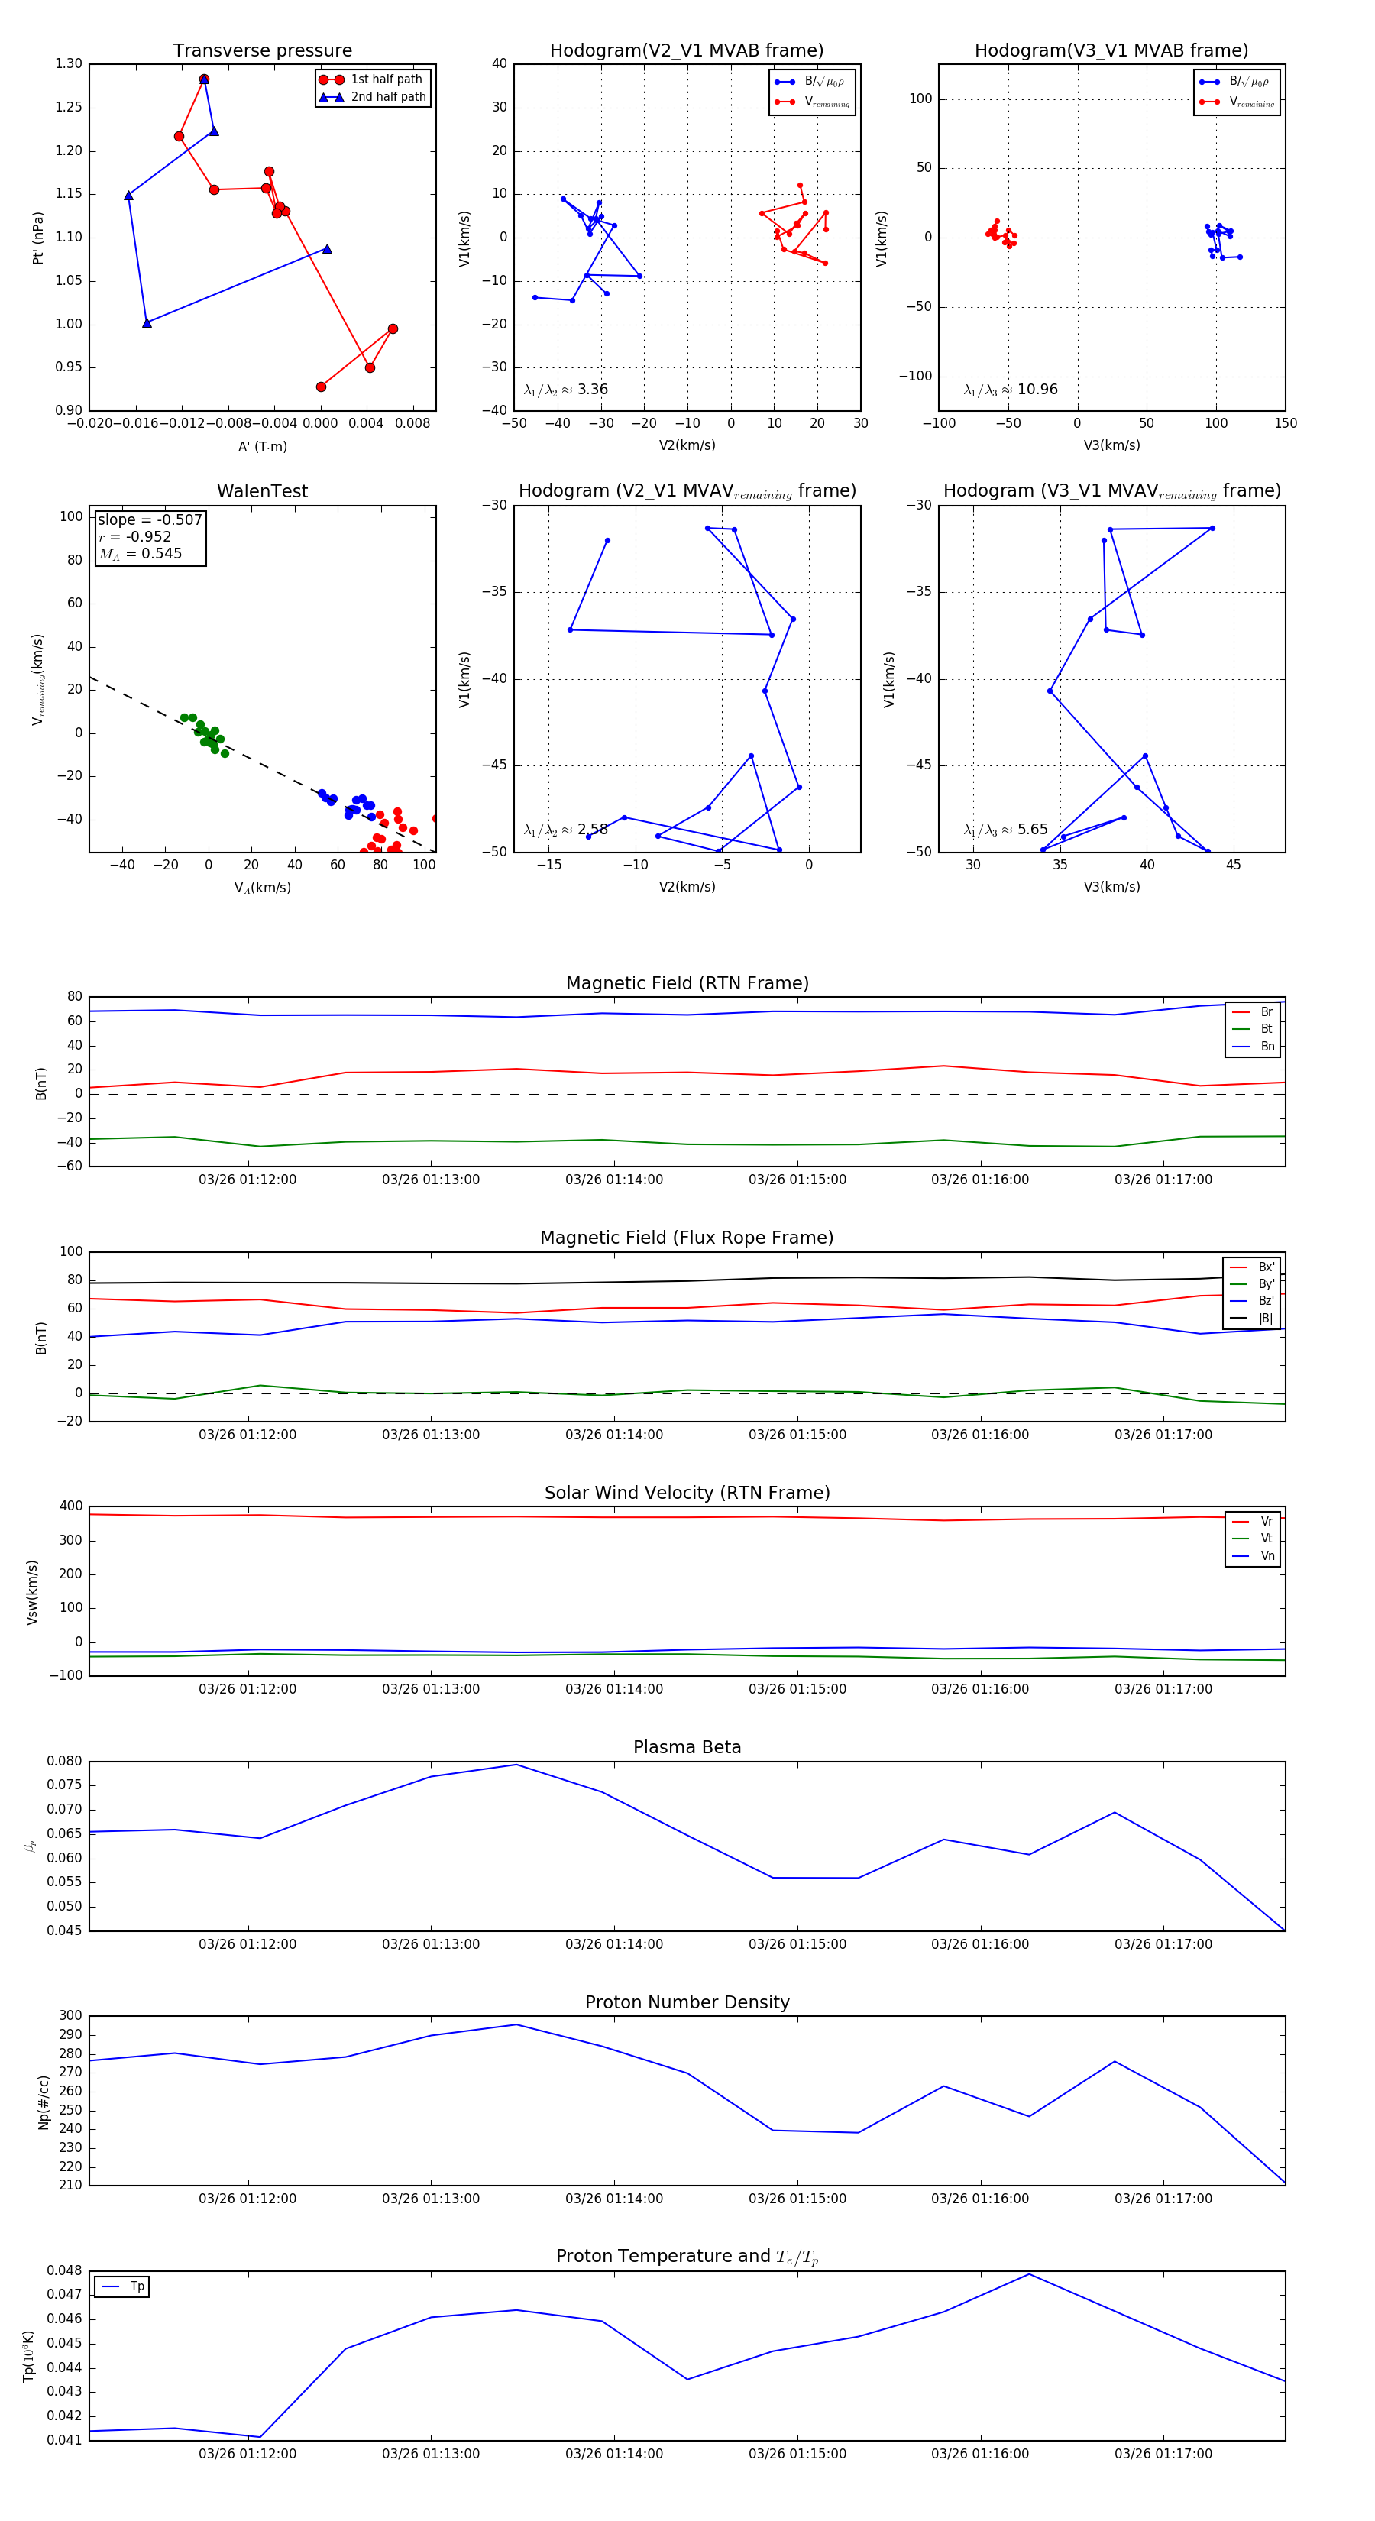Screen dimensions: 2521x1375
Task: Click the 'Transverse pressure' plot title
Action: point(262,51)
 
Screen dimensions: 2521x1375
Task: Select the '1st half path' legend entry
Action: point(386,79)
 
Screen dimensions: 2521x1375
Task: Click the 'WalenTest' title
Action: point(262,491)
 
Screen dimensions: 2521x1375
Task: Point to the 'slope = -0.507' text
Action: point(150,519)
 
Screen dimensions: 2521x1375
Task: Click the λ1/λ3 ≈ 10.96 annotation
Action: point(1010,390)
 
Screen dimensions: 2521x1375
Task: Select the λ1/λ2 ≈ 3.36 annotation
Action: point(565,390)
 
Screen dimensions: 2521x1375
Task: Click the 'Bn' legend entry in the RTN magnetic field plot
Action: point(1267,1046)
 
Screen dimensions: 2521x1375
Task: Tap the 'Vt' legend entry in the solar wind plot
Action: point(1267,1539)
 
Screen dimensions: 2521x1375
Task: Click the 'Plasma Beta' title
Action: point(687,1748)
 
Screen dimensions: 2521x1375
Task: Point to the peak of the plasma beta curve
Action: point(516,1765)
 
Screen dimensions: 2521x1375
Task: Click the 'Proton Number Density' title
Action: point(687,2002)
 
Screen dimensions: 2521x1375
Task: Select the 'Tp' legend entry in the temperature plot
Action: point(136,2286)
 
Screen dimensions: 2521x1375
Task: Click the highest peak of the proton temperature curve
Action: point(1028,2273)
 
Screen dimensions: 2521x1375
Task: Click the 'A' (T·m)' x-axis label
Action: point(262,446)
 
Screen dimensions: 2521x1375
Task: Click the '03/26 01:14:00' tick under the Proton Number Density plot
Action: point(613,2198)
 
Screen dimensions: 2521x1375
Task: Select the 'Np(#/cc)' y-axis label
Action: point(43,2102)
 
